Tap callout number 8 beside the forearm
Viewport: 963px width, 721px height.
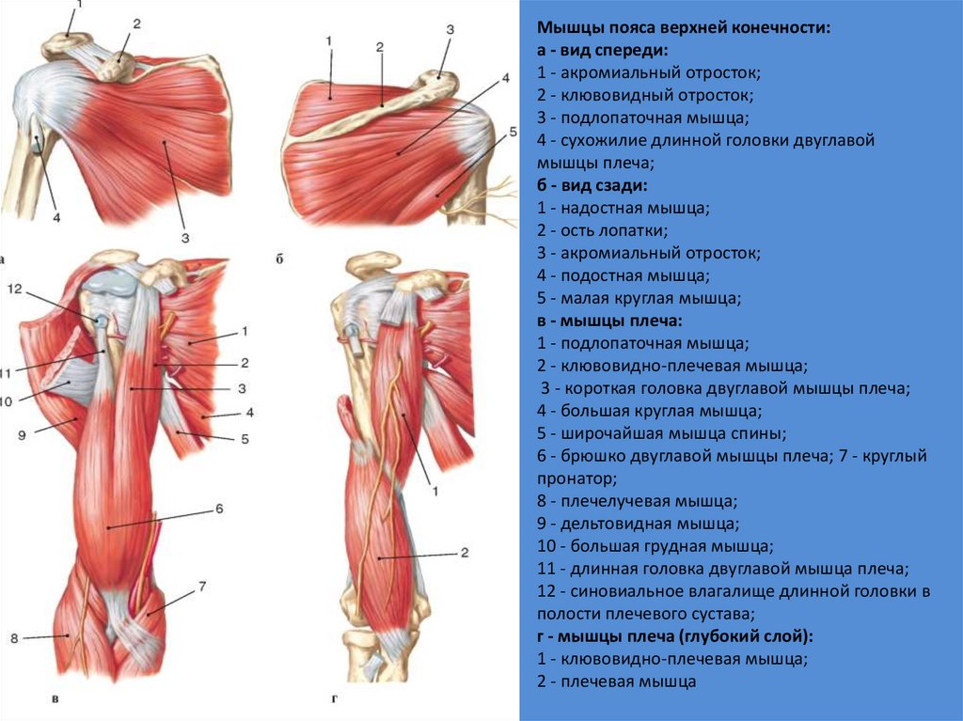pos(14,639)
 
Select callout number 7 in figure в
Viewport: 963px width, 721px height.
pos(201,588)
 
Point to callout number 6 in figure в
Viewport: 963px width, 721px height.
pos(218,509)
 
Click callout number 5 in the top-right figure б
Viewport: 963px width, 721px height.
pos(513,133)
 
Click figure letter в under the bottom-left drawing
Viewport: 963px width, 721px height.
pos(56,699)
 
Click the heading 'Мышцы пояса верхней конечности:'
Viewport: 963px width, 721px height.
pos(685,28)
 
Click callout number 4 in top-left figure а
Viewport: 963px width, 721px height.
pos(55,218)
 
